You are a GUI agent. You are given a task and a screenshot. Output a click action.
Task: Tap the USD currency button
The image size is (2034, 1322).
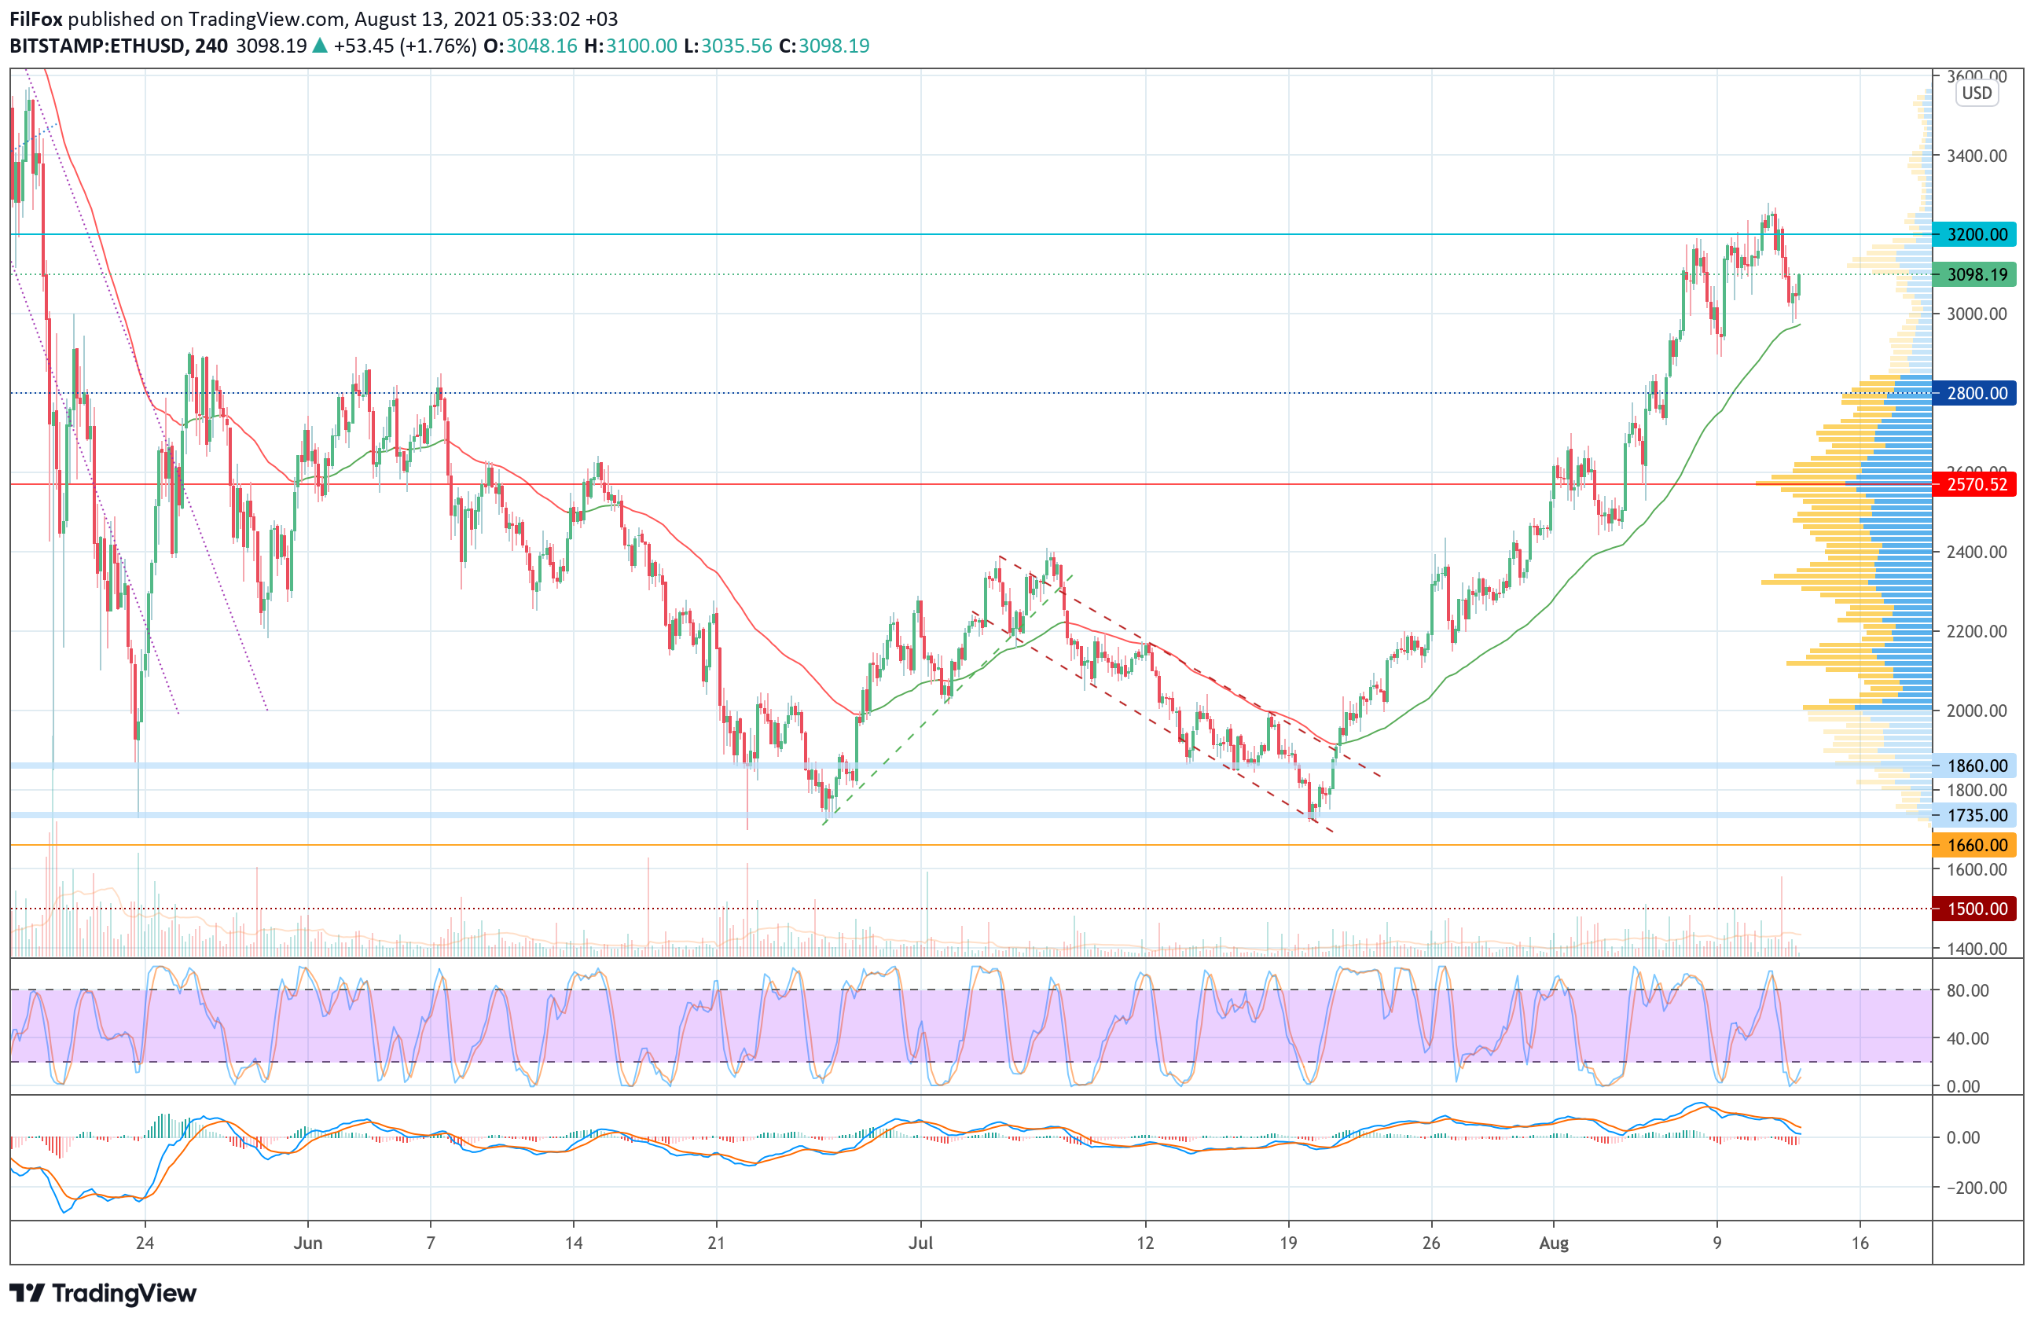[x=1976, y=94]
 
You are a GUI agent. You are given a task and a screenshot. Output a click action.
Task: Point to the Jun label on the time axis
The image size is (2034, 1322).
[x=307, y=1243]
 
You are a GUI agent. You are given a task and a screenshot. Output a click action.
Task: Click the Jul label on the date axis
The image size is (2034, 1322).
[x=920, y=1243]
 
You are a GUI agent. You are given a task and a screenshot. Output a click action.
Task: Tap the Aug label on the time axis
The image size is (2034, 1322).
[x=1554, y=1243]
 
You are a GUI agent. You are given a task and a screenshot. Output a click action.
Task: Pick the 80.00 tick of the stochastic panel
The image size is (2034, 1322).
[x=1967, y=990]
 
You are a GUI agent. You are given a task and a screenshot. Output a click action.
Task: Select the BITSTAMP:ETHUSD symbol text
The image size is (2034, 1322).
[x=97, y=46]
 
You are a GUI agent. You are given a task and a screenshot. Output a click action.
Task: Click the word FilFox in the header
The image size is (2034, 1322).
[x=36, y=19]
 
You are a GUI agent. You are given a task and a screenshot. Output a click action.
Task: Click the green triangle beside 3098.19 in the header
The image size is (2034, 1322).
[x=320, y=46]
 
